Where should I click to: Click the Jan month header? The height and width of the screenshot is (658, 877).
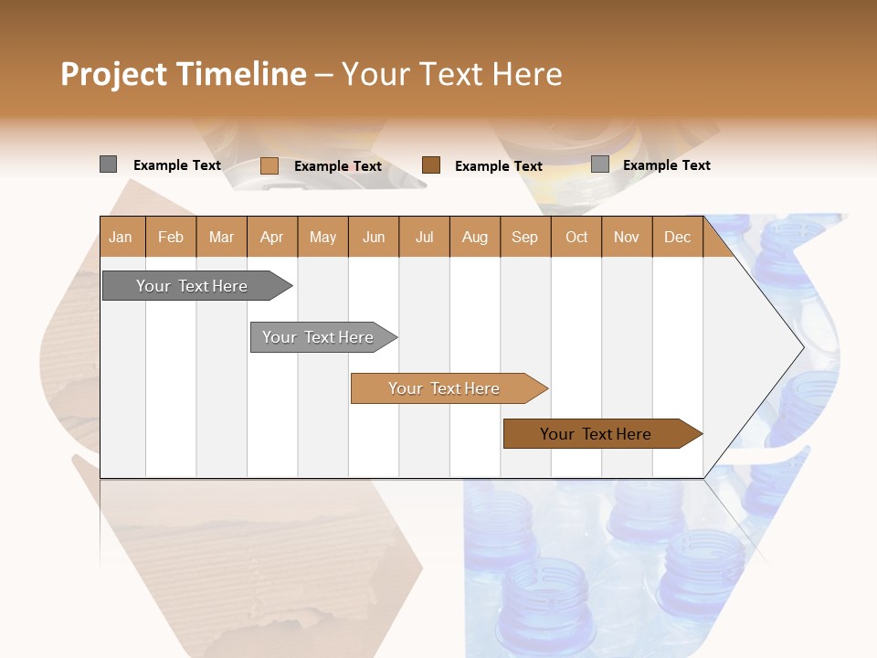point(121,237)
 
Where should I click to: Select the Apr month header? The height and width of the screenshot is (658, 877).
point(271,237)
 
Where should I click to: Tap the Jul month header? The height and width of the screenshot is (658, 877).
point(424,237)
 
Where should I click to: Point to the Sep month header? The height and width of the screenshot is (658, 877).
point(524,237)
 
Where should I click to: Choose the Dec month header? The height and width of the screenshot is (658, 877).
point(677,237)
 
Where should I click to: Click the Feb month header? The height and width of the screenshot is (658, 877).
point(171,237)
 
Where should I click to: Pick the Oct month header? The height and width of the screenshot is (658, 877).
point(576,237)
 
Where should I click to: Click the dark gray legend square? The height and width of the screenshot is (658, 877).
point(108,164)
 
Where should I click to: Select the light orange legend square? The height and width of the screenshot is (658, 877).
point(269,165)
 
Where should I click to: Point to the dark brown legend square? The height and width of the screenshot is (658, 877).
point(431,164)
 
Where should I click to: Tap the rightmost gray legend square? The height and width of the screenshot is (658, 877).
point(600,164)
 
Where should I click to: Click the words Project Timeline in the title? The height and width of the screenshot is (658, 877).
point(183,74)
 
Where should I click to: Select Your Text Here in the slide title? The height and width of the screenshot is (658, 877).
point(451,74)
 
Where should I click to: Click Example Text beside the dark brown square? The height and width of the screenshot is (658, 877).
point(498,165)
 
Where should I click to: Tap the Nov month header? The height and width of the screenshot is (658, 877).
point(627,237)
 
